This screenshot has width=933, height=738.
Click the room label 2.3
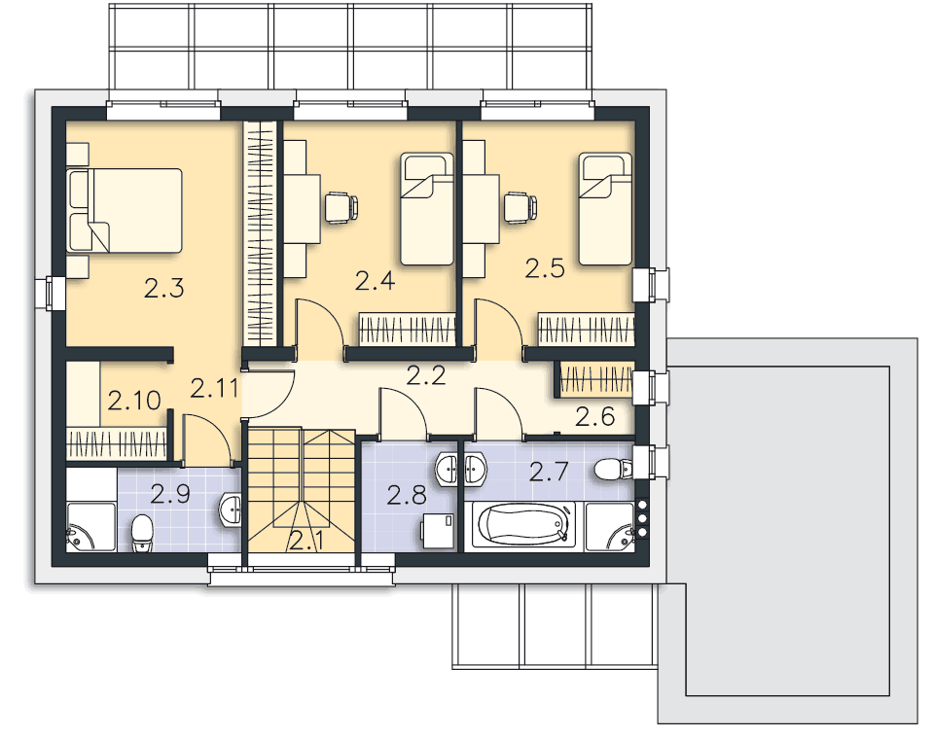point(164,289)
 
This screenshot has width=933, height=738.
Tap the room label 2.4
point(375,281)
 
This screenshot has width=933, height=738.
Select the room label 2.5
point(545,268)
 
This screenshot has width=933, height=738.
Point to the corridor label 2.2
point(426,376)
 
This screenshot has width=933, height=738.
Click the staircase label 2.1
point(307,542)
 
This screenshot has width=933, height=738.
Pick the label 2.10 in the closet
point(134,401)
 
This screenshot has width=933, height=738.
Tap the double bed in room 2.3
point(125,210)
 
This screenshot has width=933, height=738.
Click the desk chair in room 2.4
point(341,207)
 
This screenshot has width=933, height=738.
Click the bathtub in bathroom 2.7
point(523,526)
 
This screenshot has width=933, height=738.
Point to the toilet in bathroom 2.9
point(142,533)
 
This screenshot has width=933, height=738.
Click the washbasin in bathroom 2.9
point(231,510)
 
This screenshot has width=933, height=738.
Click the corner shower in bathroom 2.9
point(91,527)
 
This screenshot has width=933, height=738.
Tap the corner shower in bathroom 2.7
point(610,527)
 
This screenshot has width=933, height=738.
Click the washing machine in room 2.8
point(438,531)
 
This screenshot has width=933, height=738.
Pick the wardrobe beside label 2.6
point(596,380)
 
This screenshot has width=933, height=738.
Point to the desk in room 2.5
point(481,209)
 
